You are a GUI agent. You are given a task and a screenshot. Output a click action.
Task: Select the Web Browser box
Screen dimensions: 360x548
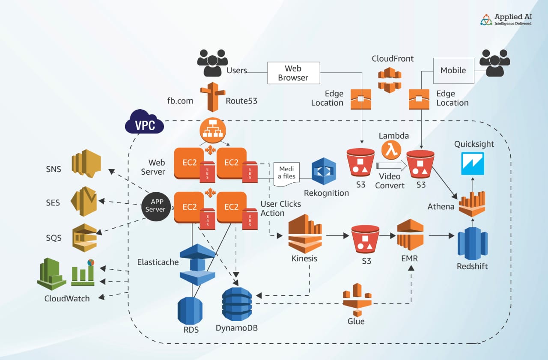tap(293, 73)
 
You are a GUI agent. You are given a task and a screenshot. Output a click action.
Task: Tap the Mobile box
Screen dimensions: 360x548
tap(453, 71)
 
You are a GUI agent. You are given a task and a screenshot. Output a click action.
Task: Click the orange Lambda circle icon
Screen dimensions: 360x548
tap(390, 151)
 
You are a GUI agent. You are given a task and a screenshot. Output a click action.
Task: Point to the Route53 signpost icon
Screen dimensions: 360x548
tap(212, 97)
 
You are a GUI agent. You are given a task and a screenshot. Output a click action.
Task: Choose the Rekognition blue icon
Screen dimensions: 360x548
tap(324, 171)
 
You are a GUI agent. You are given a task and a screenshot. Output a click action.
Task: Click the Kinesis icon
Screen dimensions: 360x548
tap(305, 234)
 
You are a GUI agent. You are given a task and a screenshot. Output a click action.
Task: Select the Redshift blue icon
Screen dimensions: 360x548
tap(472, 243)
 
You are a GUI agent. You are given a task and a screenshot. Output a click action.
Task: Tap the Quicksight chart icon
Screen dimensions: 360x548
tap(473, 164)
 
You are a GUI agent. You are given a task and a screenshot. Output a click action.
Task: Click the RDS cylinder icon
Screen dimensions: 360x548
tap(190, 310)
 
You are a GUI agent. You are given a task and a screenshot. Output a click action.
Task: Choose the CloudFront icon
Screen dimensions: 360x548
tap(389, 80)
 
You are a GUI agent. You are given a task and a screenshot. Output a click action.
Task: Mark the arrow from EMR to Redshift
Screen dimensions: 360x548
tap(441, 235)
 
